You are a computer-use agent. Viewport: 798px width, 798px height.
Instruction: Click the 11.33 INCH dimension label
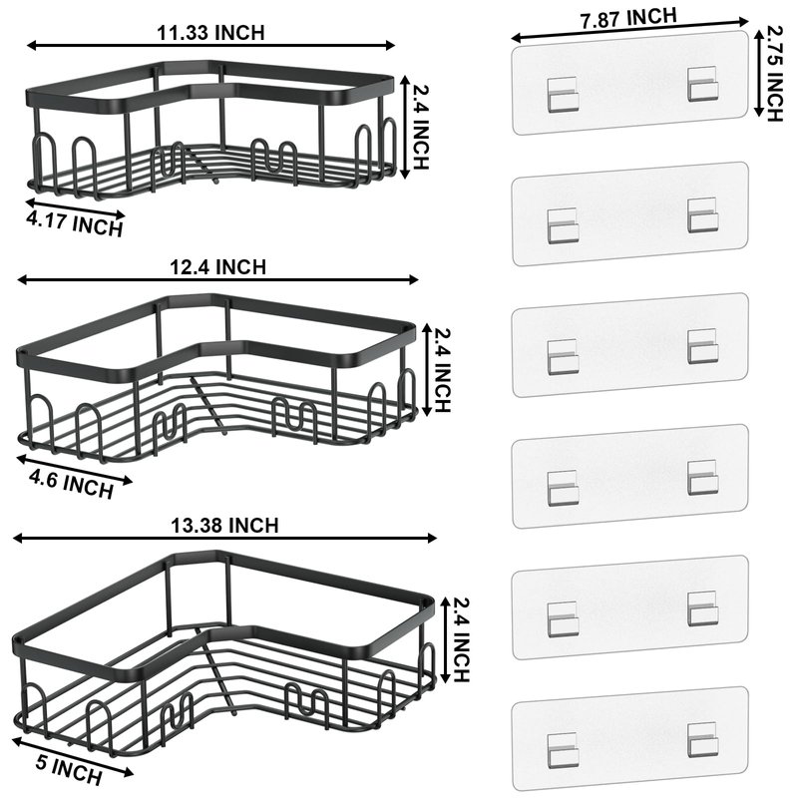pos(210,33)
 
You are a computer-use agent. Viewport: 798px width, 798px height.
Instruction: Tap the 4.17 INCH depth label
pos(75,223)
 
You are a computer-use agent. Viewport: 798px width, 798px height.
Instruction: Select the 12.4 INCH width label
pos(217,267)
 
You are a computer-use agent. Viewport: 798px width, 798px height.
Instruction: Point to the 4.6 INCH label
pos(71,485)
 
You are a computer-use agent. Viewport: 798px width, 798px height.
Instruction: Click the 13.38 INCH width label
pos(224,526)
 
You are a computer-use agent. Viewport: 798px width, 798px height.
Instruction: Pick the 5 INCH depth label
pos(69,770)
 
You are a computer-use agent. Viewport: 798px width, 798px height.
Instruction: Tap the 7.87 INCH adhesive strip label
pos(628,19)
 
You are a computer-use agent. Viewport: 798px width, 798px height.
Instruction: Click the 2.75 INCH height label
pos(774,74)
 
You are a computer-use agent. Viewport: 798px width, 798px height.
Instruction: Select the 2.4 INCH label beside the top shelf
pos(420,127)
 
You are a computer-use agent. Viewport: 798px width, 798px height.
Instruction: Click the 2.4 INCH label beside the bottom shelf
pos(460,639)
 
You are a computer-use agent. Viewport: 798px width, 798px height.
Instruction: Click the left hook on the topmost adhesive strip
pos(563,95)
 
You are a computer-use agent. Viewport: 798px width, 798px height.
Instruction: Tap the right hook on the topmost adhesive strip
pos(703,84)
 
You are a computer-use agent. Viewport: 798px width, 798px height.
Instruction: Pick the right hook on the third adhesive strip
pos(703,346)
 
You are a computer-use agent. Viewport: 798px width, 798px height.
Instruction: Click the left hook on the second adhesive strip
pos(563,225)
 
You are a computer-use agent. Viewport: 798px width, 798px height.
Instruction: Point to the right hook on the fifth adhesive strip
pos(703,608)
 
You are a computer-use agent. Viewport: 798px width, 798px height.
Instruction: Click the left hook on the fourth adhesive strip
pos(563,488)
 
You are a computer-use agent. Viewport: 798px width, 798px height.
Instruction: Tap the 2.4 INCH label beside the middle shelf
pos(442,370)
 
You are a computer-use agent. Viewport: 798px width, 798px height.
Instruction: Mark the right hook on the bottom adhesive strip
pos(703,739)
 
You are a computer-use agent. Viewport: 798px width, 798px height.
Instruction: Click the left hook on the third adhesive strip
pos(563,356)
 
